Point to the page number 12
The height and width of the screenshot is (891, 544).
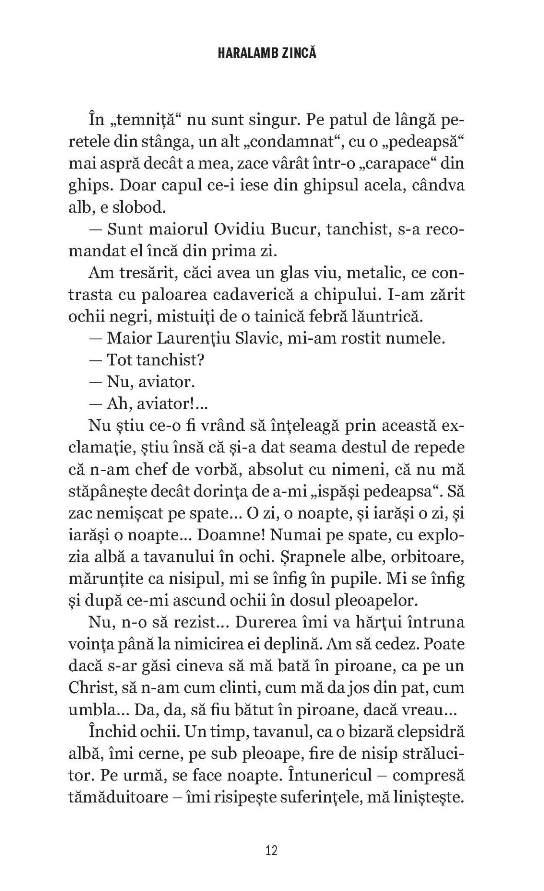(x=271, y=851)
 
